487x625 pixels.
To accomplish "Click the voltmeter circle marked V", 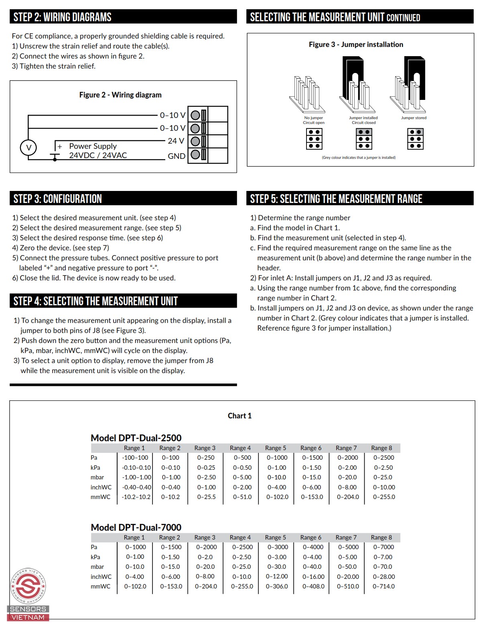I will [28, 148].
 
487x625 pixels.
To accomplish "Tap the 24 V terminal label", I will [176, 141].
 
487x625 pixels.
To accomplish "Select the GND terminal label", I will [176, 156].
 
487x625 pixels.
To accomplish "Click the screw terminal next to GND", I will [195, 154].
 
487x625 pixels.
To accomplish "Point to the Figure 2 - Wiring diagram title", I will [120, 95].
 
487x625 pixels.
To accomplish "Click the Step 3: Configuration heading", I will [58, 199].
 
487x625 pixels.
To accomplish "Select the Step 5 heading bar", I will [359, 199].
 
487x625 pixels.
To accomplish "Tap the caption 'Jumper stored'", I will [414, 118].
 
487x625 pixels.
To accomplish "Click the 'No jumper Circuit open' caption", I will [314, 120].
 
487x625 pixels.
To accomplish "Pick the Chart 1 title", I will [239, 416].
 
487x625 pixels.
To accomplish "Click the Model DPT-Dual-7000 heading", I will [136, 527].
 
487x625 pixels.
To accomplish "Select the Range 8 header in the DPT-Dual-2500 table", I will [381, 448].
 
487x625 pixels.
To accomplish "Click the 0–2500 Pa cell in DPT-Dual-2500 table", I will [384, 457].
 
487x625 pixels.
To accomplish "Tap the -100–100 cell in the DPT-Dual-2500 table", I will [135, 457].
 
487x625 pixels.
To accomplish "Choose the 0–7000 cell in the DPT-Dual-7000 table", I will [384, 547].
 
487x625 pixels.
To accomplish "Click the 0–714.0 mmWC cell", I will [384, 586].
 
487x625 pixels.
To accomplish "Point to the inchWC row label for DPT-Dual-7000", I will [101, 576].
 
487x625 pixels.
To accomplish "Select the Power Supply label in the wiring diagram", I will [93, 146].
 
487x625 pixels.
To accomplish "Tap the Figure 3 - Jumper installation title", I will [356, 45].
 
